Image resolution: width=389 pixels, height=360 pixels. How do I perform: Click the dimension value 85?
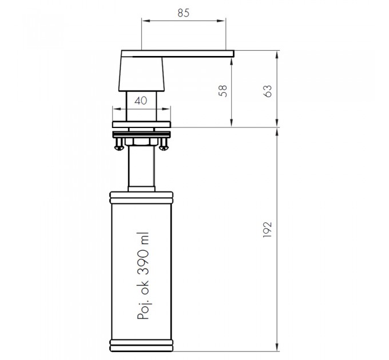183,13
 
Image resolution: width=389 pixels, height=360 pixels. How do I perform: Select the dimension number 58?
223,91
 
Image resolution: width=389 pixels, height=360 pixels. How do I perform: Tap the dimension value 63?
268,91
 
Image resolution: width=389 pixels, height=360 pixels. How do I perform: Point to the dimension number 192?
267,230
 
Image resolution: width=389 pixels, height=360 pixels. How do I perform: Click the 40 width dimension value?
141,101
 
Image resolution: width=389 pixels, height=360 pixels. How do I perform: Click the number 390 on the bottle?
143,263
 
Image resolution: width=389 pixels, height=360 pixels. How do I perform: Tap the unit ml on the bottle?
143,238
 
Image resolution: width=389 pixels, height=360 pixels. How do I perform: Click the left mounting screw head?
119,148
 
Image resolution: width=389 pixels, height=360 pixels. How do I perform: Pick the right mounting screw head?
164,148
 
